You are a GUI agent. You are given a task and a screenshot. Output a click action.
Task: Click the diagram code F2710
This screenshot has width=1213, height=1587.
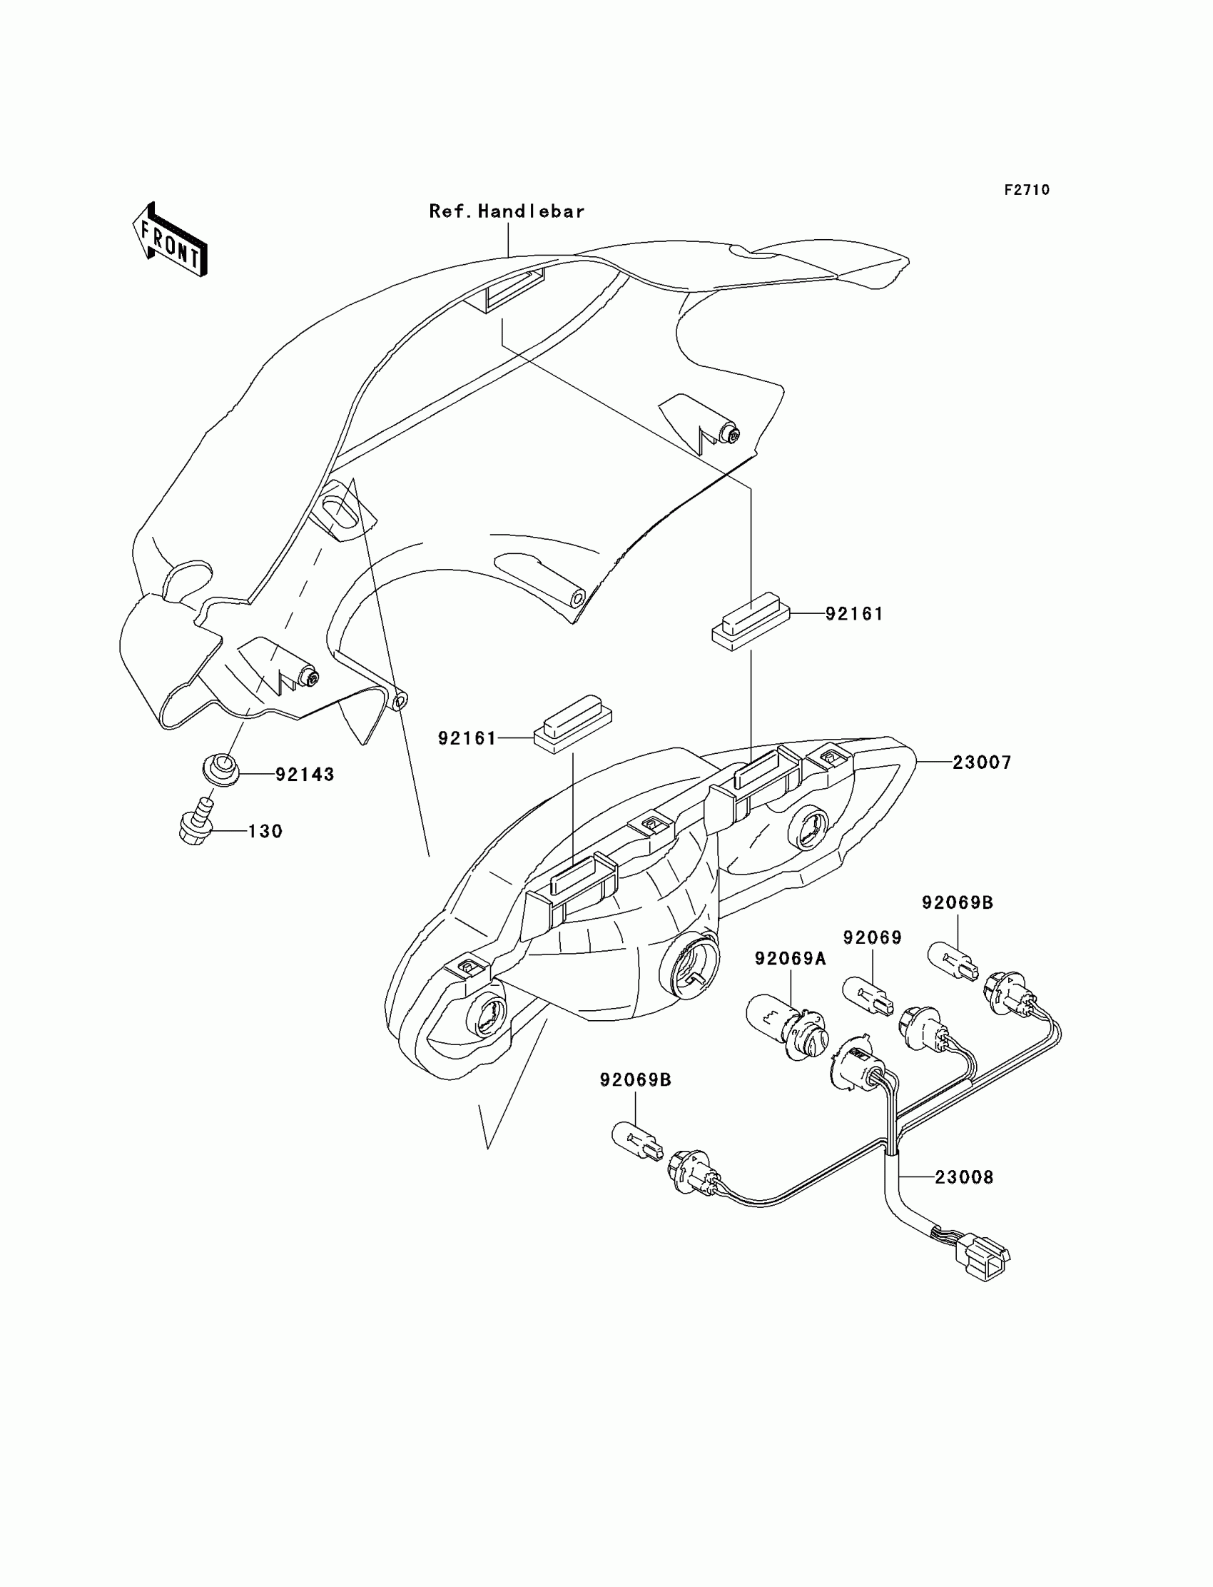[1027, 190]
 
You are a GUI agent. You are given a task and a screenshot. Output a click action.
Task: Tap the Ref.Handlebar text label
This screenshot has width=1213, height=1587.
[507, 211]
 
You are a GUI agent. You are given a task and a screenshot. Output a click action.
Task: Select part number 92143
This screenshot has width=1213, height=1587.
[305, 775]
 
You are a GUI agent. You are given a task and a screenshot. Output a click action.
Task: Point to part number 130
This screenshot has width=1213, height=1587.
[265, 832]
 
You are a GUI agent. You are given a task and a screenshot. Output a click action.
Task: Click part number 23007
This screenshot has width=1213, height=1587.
[982, 762]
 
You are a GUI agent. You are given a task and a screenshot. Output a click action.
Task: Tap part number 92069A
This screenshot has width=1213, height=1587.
[791, 959]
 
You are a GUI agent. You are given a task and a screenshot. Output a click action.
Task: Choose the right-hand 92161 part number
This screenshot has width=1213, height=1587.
[854, 614]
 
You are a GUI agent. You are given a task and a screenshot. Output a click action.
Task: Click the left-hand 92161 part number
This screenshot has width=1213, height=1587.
[467, 738]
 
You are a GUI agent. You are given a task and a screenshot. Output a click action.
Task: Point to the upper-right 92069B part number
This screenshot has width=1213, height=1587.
[958, 903]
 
